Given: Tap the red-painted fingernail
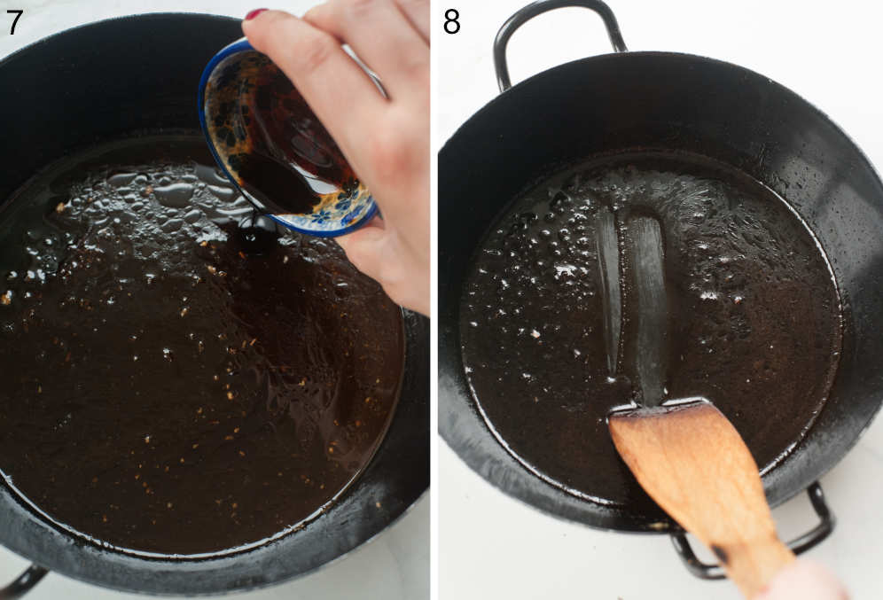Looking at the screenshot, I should pos(256,14).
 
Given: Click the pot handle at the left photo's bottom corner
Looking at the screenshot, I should pos(22,581).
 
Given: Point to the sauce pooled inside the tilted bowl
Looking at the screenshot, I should pos(275,177).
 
